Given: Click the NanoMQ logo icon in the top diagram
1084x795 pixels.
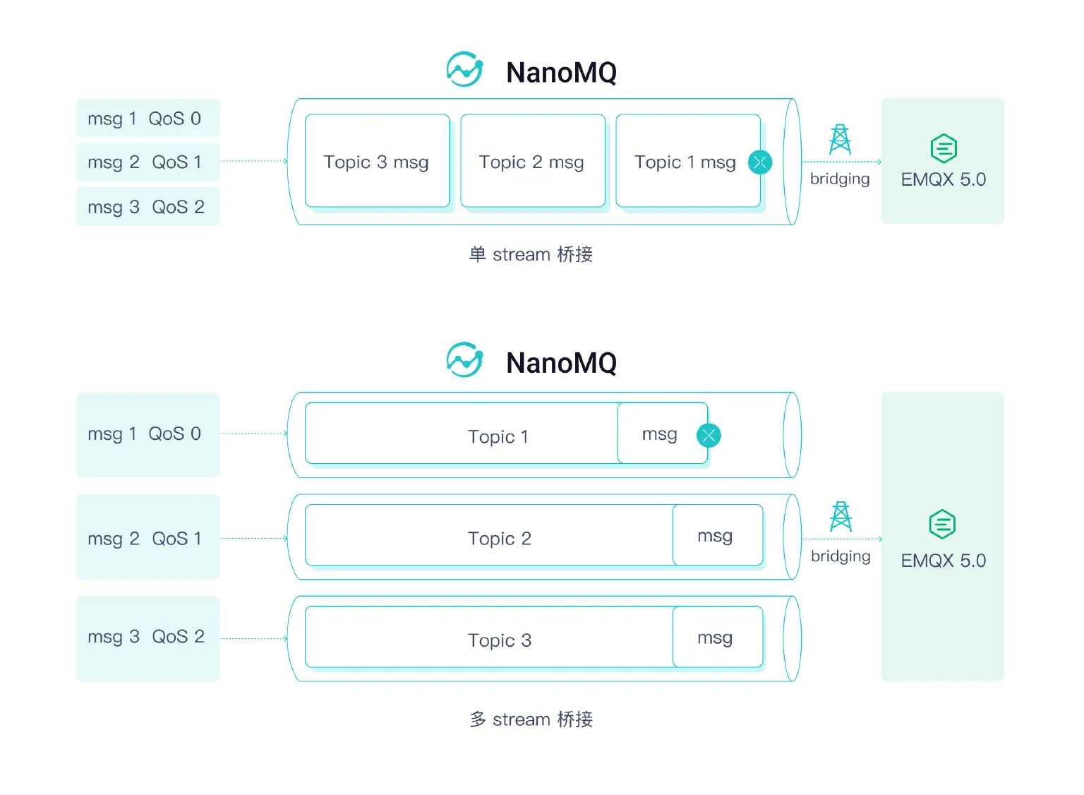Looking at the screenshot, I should coord(464,70).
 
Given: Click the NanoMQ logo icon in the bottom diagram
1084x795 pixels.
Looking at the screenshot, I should coord(464,361).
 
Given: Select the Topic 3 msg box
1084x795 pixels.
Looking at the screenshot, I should coord(377,162).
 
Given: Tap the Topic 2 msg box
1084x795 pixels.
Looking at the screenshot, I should coord(532,162).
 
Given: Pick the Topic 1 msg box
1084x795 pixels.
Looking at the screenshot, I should coord(685,162).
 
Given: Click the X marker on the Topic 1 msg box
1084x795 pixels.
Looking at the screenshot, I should coord(760,162).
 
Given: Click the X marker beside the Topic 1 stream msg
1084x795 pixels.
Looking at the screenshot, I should coord(709,436).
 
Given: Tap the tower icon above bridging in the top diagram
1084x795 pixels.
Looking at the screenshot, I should coord(840,140).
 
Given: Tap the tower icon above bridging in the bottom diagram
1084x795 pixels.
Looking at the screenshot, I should coord(841,517).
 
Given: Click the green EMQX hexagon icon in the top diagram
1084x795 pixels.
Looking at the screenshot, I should coord(944,149).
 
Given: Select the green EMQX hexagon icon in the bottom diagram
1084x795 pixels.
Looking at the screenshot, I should coord(942,525).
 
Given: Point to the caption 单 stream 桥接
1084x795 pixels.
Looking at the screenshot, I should coord(531,254).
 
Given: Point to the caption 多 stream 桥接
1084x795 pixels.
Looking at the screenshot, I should coord(531,719).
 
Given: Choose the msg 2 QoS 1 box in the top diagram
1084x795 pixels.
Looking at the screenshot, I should coord(147,162).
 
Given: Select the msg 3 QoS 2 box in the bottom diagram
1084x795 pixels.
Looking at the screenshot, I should coord(147,638).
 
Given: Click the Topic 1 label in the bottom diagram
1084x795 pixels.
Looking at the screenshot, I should coord(498,436).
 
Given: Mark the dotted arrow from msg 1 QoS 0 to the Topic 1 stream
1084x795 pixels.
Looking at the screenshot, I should coord(254,434).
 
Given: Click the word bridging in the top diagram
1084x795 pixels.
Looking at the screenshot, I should coord(840,179).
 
